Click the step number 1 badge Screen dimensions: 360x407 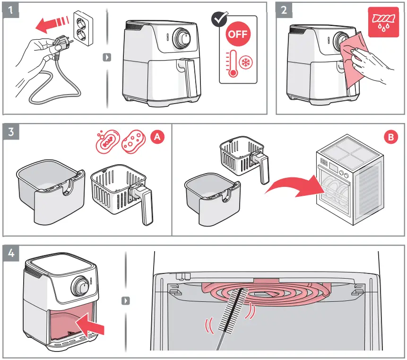pos(11,10)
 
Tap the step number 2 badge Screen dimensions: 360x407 pos(284,10)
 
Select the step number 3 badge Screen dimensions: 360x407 pos(11,132)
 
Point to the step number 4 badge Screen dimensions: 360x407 pos(11,253)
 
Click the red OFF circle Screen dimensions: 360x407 pos(238,34)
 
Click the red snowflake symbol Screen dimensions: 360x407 pos(245,62)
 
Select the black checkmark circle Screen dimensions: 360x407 pos(218,19)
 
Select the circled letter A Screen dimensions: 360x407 pos(157,137)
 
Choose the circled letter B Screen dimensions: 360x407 pos(390,137)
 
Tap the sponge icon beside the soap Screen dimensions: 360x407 pos(133,141)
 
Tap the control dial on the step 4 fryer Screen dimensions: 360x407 pos(81,288)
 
